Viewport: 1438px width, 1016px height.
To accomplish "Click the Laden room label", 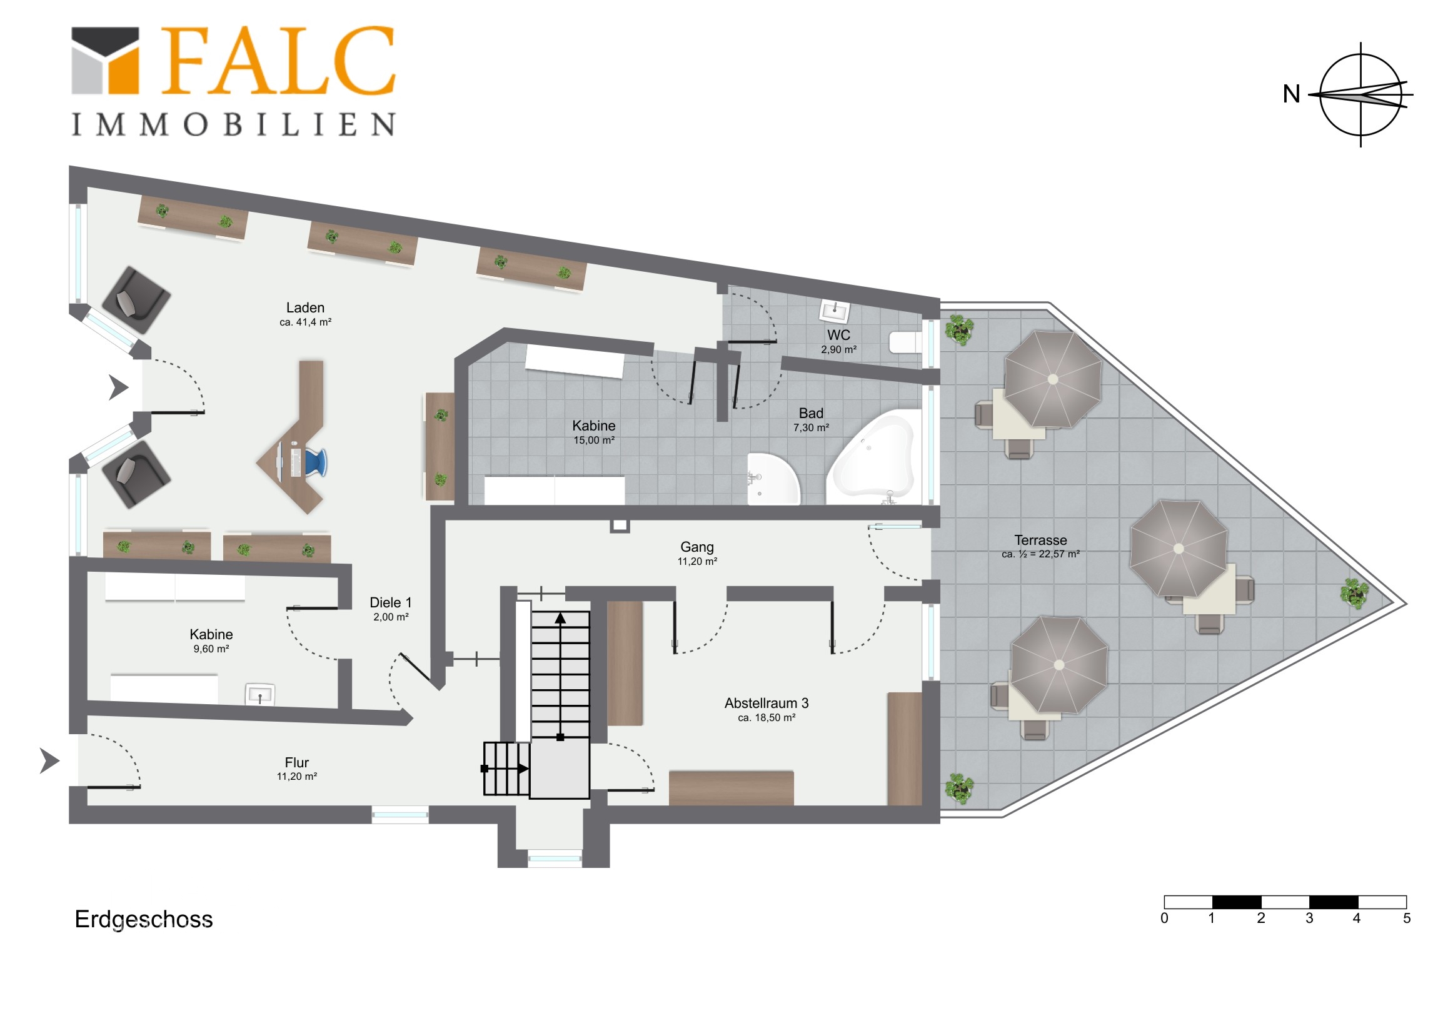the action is tap(305, 308).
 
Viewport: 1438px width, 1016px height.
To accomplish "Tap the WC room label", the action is tap(838, 336).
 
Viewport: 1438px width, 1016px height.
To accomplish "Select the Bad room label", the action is tap(811, 414).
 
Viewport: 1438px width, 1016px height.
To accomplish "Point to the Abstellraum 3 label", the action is tap(767, 704).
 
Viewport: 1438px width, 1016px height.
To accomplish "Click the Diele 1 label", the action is tap(391, 603).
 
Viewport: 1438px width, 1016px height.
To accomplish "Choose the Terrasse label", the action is tap(1040, 540).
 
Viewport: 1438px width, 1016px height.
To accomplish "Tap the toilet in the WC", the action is tap(906, 342).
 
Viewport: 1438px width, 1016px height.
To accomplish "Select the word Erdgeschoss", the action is tap(144, 920).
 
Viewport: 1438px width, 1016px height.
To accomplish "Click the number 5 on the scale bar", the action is tap(1407, 919).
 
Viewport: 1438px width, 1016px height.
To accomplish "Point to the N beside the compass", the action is tap(1291, 94).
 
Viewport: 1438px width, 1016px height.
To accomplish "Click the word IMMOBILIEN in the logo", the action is tap(233, 124).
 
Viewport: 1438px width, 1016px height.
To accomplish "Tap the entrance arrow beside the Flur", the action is tap(49, 760).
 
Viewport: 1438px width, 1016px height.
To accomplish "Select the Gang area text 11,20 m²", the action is tap(697, 562).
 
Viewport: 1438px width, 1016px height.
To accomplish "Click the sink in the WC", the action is tap(835, 310).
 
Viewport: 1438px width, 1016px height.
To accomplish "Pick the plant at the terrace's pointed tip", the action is tap(1354, 593).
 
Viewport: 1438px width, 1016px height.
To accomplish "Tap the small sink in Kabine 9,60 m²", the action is tap(260, 694).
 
